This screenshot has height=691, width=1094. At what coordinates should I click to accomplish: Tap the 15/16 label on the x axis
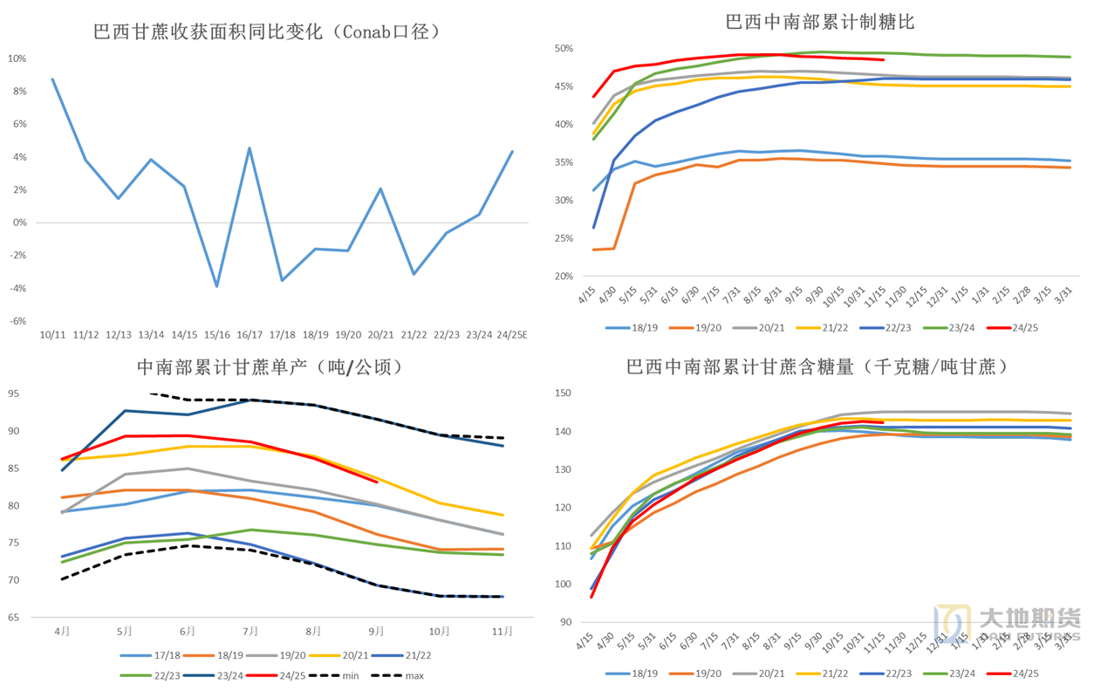217,335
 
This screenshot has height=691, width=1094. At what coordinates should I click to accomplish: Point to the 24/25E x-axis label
511,335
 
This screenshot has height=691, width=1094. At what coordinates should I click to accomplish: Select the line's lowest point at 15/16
217,285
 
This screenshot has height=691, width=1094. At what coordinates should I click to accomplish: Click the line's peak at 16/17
250,148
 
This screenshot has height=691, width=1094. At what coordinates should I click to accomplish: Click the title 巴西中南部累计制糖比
820,22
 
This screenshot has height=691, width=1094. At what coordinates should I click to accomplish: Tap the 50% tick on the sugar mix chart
563,49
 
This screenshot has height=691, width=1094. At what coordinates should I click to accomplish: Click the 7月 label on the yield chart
250,630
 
